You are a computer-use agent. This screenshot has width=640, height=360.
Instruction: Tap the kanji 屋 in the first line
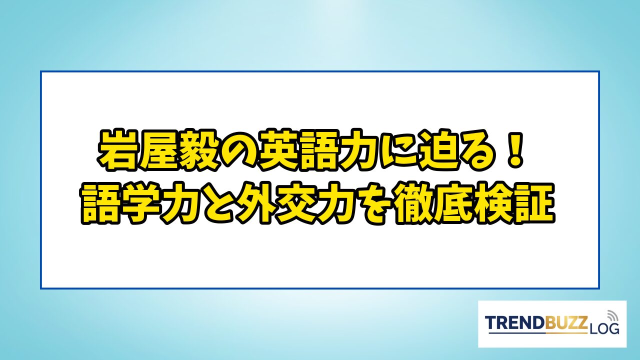tap(157, 150)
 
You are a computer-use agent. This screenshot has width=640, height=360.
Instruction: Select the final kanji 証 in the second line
tap(535, 203)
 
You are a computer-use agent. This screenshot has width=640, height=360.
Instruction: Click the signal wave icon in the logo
tap(611, 315)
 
